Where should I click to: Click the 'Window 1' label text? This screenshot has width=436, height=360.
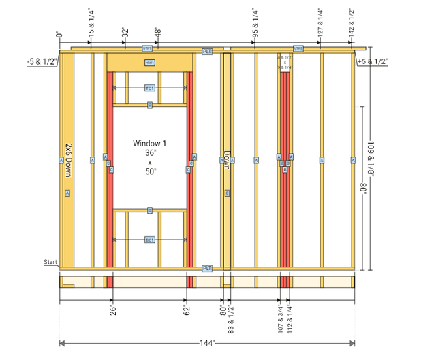coord(149,144)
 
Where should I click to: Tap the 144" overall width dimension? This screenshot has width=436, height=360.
coord(207,343)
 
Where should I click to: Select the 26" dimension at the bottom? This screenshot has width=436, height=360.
coord(112,310)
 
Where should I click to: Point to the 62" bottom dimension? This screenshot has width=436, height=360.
coord(186,310)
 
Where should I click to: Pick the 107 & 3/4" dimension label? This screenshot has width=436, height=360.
coord(279,316)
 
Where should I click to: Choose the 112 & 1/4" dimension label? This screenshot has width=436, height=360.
coord(290,316)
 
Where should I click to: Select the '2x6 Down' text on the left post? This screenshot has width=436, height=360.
coord(67,161)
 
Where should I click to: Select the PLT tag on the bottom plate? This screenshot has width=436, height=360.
coord(208,269)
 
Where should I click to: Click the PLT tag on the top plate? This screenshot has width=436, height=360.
coord(208,52)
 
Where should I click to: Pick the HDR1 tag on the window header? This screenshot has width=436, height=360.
coord(150,63)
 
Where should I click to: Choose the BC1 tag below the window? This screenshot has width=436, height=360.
coord(150,240)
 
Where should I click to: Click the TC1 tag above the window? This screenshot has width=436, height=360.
coord(150,88)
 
